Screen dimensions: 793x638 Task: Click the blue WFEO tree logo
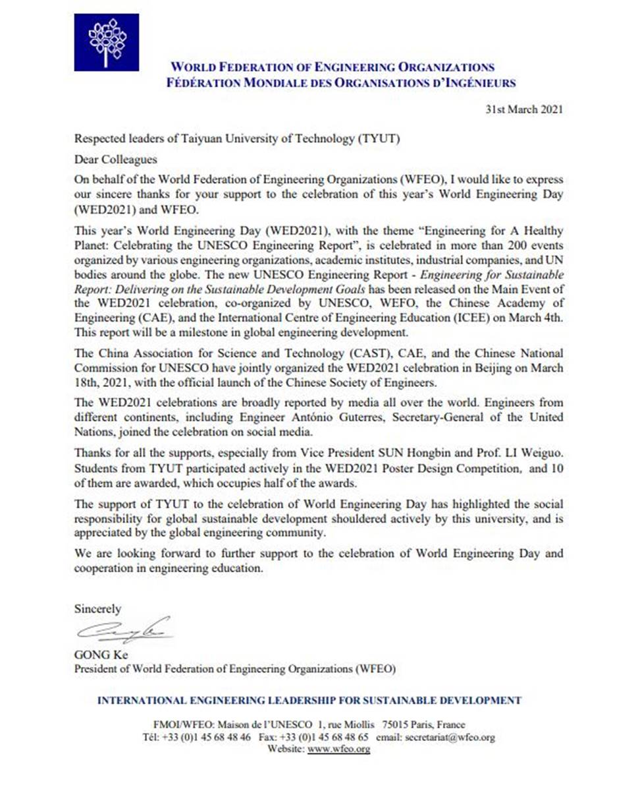pyautogui.click(x=106, y=42)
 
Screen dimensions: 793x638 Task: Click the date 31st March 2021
pyautogui.click(x=523, y=110)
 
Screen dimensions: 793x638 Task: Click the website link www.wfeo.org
pyautogui.click(x=338, y=749)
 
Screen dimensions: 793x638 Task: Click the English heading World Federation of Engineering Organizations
pyautogui.click(x=332, y=67)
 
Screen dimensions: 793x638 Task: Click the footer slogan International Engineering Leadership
pyautogui.click(x=309, y=701)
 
